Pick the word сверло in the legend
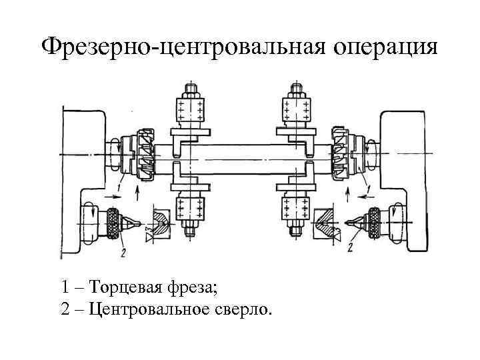244,310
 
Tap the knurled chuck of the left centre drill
113,223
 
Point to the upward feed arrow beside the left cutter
137,193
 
